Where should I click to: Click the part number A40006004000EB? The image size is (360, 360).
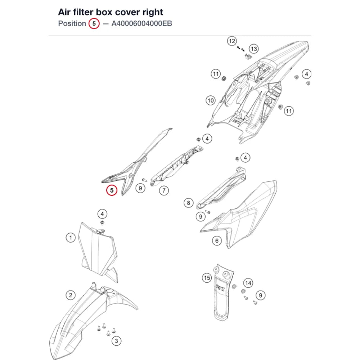(x=141, y=23)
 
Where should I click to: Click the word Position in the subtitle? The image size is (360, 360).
(x=72, y=23)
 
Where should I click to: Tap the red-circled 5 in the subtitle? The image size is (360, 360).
(x=94, y=23)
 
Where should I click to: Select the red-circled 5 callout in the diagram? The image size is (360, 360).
(x=112, y=190)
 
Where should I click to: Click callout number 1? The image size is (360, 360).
(x=71, y=237)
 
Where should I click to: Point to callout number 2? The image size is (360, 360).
(x=71, y=295)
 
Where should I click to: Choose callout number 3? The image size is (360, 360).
(x=116, y=341)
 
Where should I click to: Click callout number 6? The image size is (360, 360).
(x=217, y=240)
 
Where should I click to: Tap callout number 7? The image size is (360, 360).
(x=164, y=190)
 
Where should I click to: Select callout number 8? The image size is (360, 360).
(x=189, y=203)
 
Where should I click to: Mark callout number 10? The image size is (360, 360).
(x=211, y=100)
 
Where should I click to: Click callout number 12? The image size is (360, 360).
(x=232, y=41)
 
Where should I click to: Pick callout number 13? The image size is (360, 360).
(x=254, y=49)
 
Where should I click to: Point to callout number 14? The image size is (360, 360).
(x=248, y=283)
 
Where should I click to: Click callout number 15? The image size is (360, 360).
(x=207, y=278)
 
